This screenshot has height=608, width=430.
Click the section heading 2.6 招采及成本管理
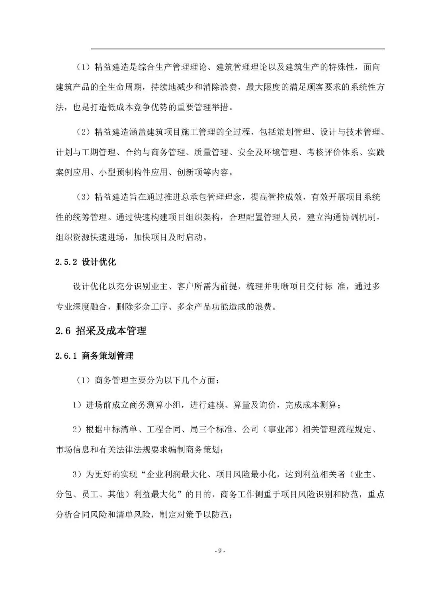101,330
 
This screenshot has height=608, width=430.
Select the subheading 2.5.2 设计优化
86,262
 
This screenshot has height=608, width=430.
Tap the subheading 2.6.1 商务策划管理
94,356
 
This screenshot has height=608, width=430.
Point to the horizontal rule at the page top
238,49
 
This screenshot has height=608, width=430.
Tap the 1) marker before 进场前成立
77,405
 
